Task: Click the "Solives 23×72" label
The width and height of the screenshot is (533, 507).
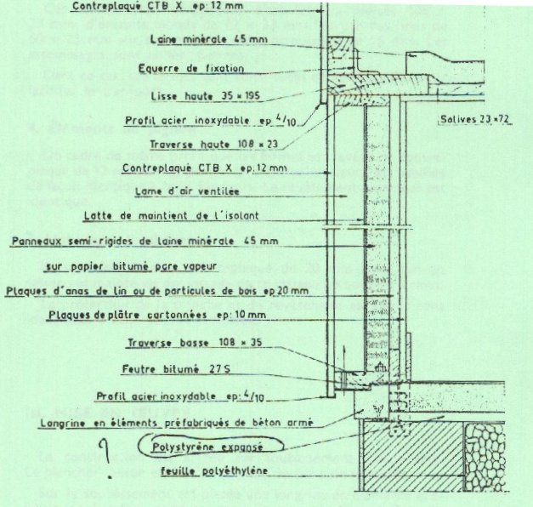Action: click(473, 118)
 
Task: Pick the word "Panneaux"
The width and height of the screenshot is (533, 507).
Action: click(38, 241)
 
